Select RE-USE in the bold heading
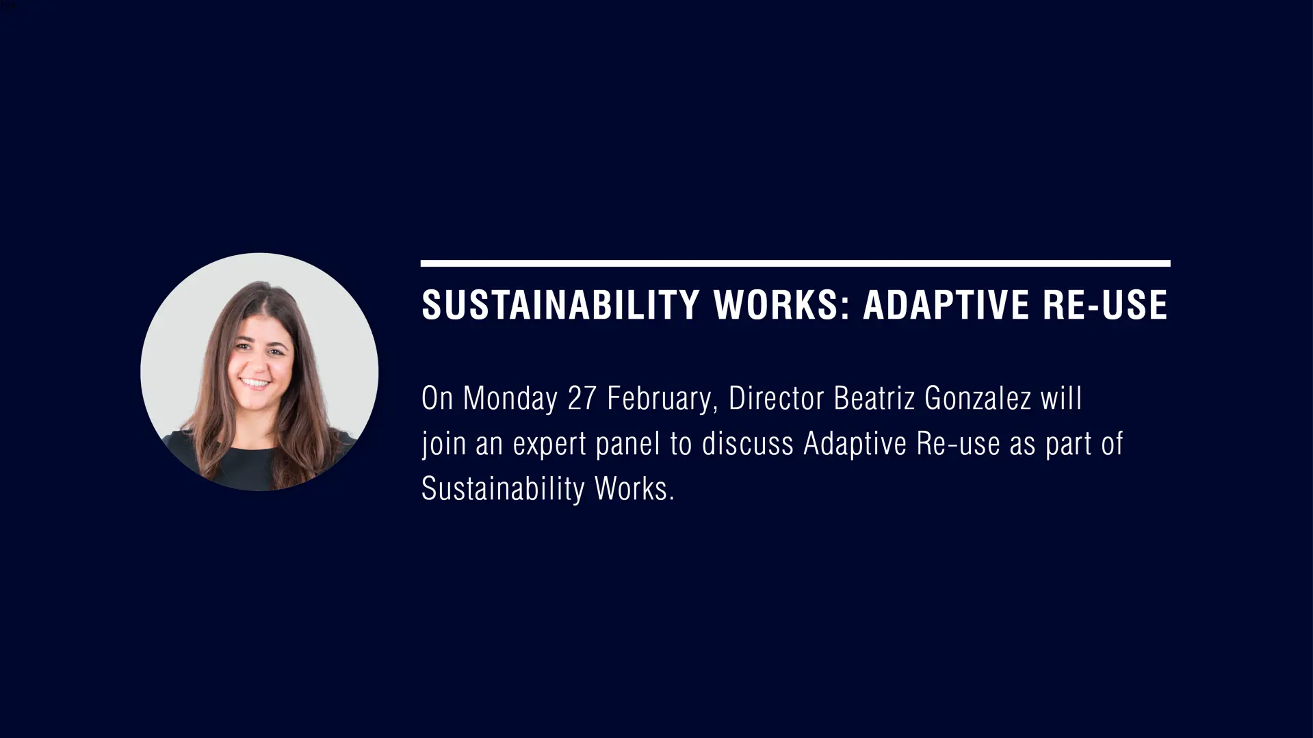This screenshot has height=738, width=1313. tap(1105, 305)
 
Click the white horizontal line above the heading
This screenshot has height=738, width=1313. tap(795, 263)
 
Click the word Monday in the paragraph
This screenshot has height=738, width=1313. tap(510, 399)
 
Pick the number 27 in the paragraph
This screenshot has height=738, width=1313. tap(582, 399)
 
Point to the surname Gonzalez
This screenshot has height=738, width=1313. tap(978, 399)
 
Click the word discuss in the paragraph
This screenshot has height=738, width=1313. tap(747, 444)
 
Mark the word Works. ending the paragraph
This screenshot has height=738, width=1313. tap(634, 489)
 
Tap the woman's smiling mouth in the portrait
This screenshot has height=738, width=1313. tap(256, 384)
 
